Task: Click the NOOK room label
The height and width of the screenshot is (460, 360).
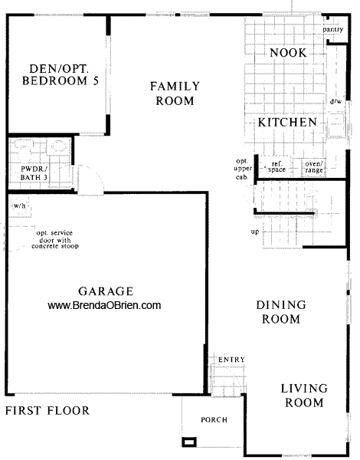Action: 289,53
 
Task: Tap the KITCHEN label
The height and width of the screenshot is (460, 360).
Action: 286,122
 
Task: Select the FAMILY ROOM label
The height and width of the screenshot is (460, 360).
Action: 175,94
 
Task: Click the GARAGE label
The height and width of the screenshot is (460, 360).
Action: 106,291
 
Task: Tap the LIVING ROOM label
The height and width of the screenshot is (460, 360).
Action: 303,395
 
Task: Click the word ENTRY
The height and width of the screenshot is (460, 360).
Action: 231,360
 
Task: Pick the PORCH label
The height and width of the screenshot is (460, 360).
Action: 214,419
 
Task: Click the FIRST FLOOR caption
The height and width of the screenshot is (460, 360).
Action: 47,411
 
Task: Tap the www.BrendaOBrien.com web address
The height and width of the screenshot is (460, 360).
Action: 105,305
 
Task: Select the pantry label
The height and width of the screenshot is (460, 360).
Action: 332,31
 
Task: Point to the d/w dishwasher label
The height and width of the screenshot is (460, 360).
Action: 335,100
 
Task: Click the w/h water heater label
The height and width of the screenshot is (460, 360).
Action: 20,205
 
